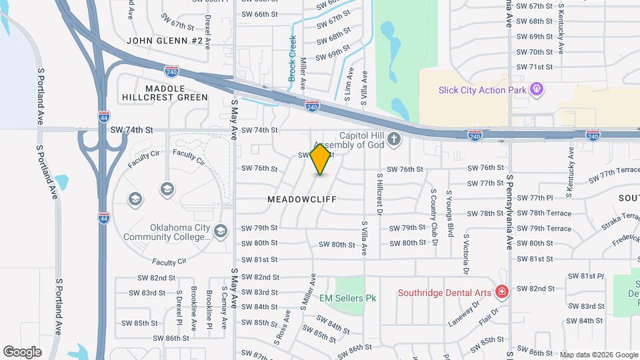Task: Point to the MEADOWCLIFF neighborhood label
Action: coord(302,199)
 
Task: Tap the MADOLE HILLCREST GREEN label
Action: coord(165,93)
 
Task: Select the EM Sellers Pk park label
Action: coord(348,298)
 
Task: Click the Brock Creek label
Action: coord(292,59)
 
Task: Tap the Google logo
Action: coord(22,352)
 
